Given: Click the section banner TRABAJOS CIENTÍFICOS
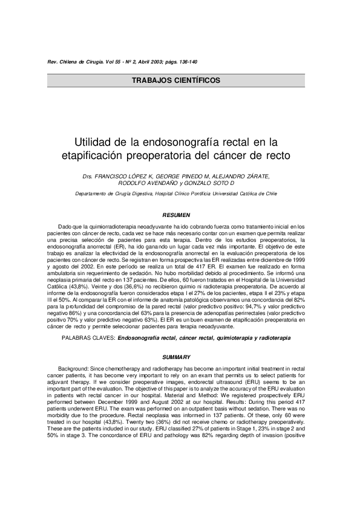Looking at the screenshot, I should [x=180, y=80].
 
